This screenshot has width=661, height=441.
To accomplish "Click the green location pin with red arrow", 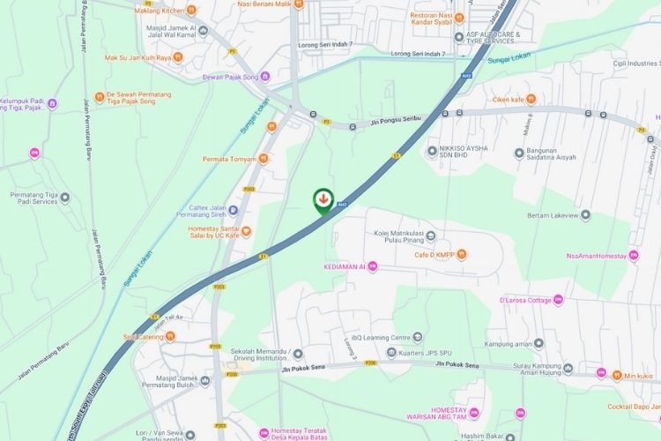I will click(323, 199).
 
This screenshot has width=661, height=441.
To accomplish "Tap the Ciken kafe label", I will click(509, 100).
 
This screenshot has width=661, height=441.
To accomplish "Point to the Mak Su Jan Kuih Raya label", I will click(136, 58).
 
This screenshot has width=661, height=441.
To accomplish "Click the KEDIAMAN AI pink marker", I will click(373, 265).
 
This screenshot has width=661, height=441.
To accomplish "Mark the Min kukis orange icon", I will click(617, 374).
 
